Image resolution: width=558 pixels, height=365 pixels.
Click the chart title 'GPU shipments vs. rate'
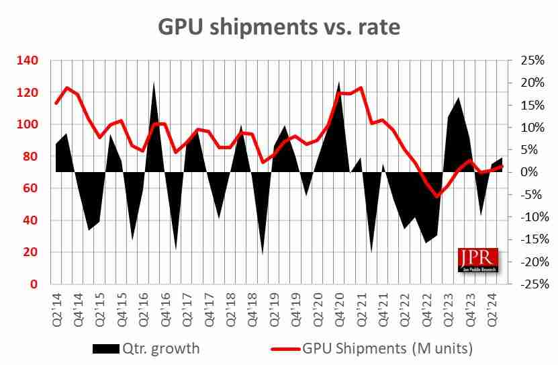point(279,26)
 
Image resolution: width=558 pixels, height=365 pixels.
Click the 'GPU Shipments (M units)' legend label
point(389,348)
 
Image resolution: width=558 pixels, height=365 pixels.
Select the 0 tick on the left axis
point(34,284)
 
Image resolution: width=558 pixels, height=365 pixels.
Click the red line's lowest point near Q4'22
point(437,196)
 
